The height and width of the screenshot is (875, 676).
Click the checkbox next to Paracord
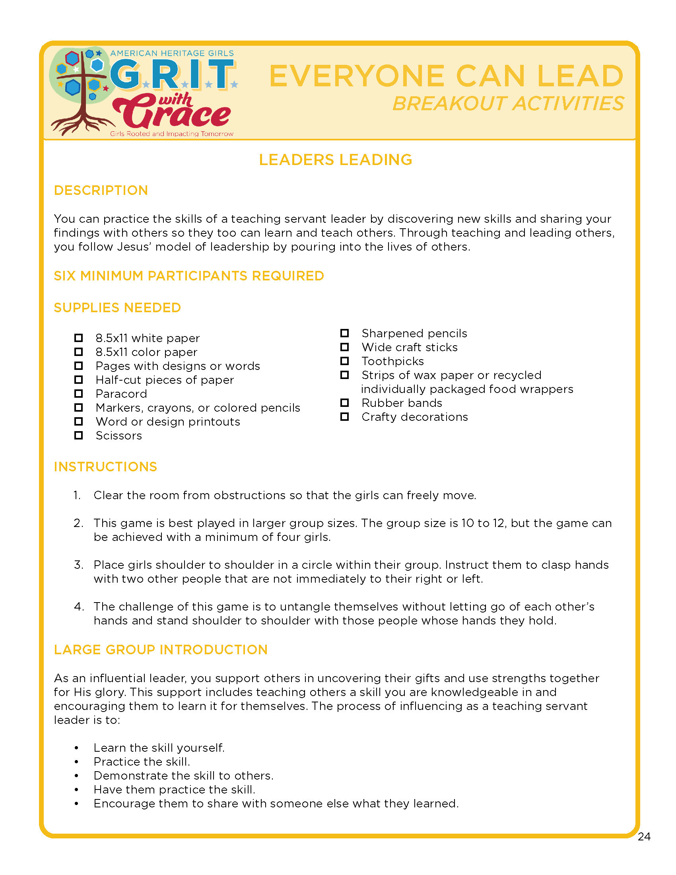tap(78, 393)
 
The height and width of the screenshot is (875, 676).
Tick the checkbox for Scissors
tap(78, 435)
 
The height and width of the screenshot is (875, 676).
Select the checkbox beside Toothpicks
tap(344, 361)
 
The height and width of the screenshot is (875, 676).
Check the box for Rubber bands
tap(344, 402)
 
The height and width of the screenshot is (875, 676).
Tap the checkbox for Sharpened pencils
tap(344, 333)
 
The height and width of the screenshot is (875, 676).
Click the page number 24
tap(644, 836)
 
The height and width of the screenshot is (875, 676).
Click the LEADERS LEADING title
tap(336, 160)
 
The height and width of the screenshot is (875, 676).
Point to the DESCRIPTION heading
tap(101, 190)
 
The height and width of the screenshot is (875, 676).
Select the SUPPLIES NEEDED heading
tap(117, 308)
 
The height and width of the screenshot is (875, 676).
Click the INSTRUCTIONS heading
tap(105, 467)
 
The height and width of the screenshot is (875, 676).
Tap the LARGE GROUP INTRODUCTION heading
tap(161, 649)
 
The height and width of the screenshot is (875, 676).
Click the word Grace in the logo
tap(172, 114)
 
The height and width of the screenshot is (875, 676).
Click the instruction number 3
tap(78, 565)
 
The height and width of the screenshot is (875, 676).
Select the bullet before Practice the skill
tap(76, 762)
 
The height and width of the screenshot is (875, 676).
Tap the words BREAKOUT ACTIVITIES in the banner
tap(508, 104)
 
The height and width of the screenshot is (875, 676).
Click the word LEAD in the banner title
tap(580, 76)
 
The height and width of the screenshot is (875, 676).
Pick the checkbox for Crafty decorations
tap(344, 417)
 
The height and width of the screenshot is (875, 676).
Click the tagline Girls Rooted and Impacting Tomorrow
tap(171, 134)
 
